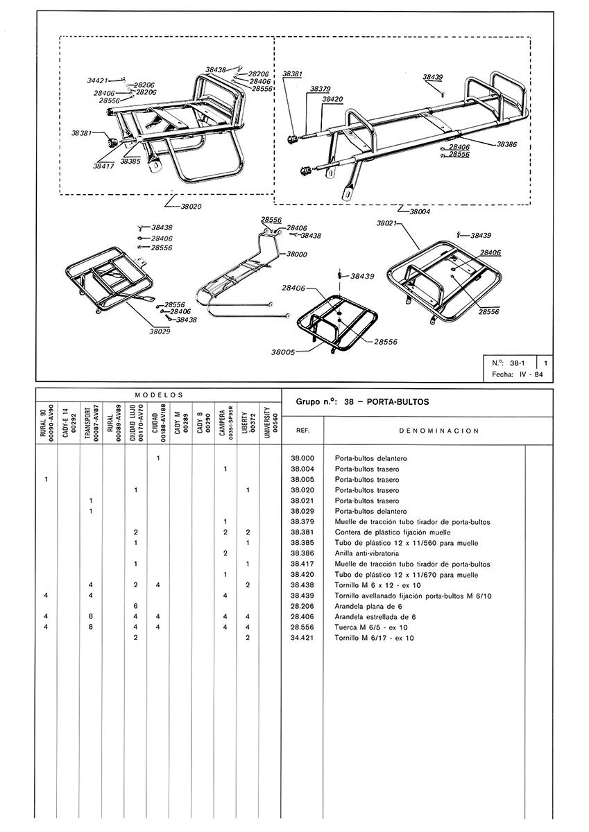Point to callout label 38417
[104, 166]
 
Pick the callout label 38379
[320, 89]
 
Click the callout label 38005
[286, 352]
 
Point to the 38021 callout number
[386, 224]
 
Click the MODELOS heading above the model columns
[158, 393]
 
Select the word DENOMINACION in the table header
[440, 431]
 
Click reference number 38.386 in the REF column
[302, 553]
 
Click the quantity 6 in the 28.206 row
[136, 606]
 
